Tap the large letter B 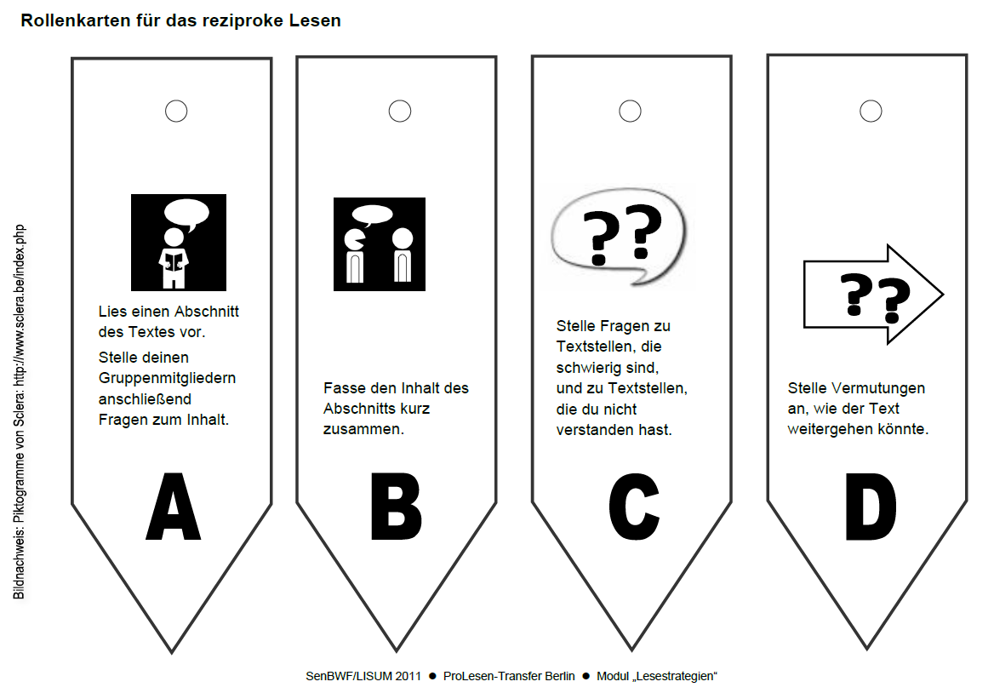coord(397,506)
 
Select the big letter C coord(634,506)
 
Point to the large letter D coord(871,506)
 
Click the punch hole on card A coord(176,111)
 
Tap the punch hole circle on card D coord(871,111)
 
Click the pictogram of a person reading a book coord(179,242)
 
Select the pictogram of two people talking coord(379,244)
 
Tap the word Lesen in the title coord(315,20)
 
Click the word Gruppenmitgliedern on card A coord(167,379)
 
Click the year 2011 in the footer coord(408,676)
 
